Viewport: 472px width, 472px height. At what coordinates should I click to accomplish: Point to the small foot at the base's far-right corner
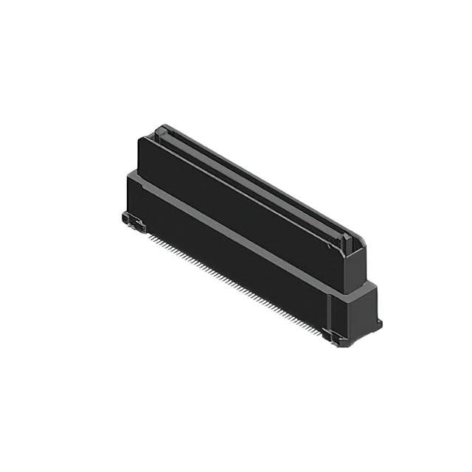tap(379, 323)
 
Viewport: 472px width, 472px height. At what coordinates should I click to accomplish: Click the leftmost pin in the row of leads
tap(147, 235)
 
